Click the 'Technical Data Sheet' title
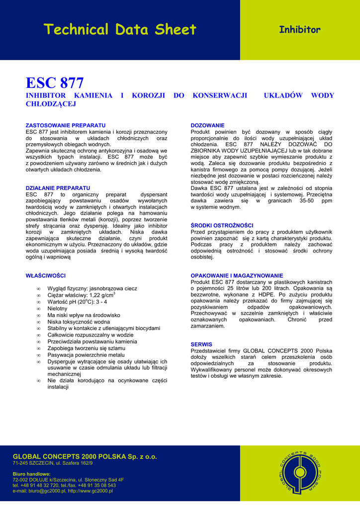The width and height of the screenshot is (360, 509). coord(120,30)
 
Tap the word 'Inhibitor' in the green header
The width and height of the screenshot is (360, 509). coord(299,30)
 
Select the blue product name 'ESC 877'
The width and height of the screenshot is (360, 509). coord(55,83)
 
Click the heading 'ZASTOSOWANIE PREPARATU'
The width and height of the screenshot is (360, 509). coord(66,125)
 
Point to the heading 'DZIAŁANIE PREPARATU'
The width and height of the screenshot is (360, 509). coord(58,188)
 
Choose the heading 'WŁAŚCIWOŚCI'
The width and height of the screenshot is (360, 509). coord(46,275)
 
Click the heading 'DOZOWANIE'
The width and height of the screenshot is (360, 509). coord(208,125)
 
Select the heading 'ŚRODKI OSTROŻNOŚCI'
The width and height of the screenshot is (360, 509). coord(222,225)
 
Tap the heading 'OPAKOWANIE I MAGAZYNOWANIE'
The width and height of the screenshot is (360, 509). coord(237,275)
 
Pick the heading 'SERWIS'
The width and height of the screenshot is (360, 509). coord(201,344)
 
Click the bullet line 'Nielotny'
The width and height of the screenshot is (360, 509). coord(57,308)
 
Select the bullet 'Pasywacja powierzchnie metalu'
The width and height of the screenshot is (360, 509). coord(86,355)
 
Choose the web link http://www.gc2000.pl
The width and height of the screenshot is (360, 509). coord(90,491)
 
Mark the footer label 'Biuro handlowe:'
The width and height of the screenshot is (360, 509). coord(32,474)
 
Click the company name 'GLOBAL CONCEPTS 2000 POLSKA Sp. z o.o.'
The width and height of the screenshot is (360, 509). coord(85,456)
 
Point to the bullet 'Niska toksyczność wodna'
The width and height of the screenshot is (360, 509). coord(79,322)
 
